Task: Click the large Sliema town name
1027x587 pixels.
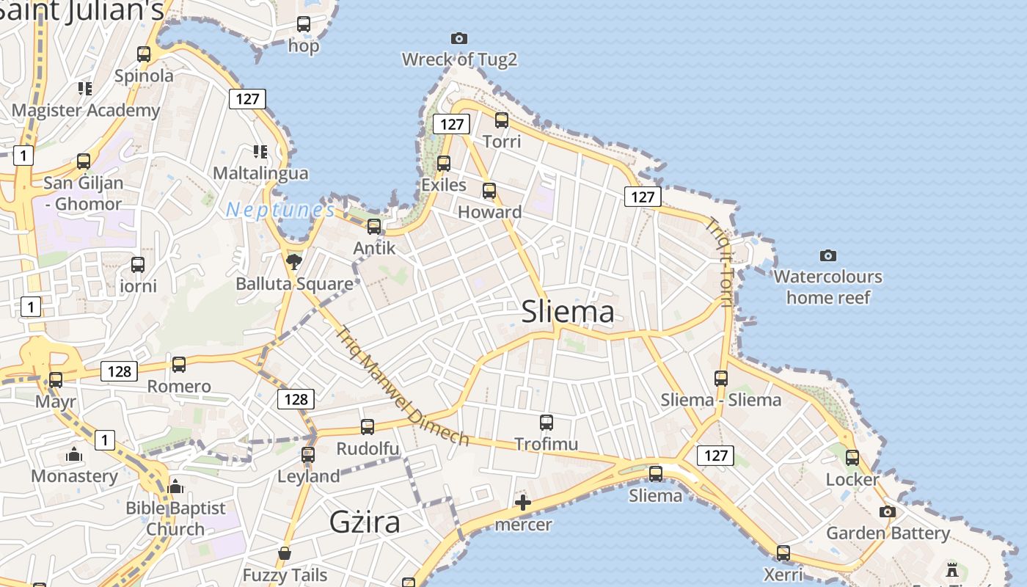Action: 568,312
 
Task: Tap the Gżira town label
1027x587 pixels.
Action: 365,522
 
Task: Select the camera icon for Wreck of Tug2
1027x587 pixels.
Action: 458,38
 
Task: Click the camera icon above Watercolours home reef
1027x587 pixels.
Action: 827,255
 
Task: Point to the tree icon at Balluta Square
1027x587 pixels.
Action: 293,261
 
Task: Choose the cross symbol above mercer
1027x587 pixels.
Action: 522,503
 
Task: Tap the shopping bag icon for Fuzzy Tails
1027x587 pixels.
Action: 285,553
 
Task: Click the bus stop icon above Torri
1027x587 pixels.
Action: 502,120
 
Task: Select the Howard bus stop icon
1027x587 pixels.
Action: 489,191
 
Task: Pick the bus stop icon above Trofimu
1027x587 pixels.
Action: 546,422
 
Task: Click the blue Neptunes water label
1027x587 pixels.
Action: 280,210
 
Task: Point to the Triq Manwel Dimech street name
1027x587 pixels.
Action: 403,386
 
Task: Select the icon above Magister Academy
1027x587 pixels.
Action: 85,89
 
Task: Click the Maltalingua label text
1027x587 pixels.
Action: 260,174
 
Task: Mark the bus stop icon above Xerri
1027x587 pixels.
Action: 783,553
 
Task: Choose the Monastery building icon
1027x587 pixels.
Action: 74,455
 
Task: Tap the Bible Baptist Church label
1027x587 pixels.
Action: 175,518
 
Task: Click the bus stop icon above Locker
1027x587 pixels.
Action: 852,458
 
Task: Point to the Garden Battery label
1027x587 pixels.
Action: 888,533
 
